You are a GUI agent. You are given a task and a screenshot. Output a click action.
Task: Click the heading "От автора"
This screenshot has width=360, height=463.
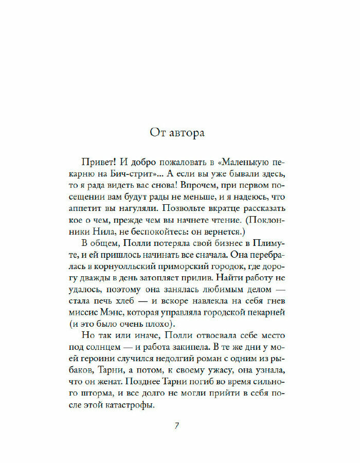point(177,133)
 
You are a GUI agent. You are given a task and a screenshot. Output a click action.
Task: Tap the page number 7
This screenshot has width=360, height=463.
point(177,426)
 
